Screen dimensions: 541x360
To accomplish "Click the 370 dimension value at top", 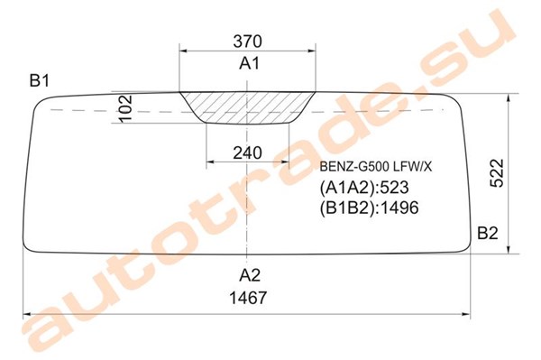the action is click(x=247, y=42).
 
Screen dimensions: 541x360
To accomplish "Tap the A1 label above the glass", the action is click(x=249, y=63).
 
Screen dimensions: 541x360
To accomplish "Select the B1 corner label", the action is click(x=40, y=81).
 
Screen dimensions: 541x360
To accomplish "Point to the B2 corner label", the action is click(x=488, y=234).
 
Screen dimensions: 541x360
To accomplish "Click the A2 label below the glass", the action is click(x=250, y=275).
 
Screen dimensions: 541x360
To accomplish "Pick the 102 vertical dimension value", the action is click(x=125, y=108).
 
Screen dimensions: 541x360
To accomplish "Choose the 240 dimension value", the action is click(x=247, y=152).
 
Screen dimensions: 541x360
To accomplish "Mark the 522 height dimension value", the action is click(x=497, y=173).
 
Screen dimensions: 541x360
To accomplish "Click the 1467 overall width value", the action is click(x=249, y=298).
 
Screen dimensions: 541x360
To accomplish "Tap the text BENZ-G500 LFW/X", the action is click(x=375, y=167).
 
